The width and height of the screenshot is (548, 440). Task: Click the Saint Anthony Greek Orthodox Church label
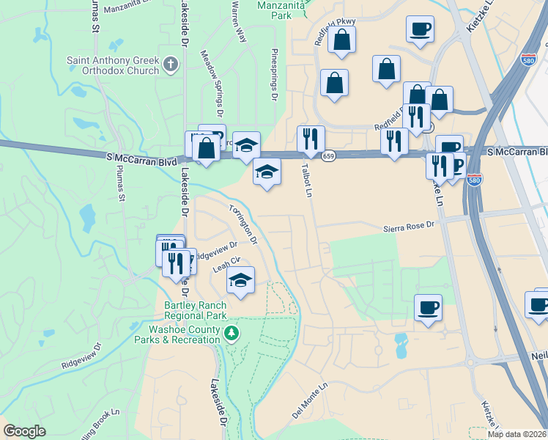[112, 65]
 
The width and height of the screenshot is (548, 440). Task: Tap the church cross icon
[171, 65]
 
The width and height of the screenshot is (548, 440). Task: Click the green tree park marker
[232, 334]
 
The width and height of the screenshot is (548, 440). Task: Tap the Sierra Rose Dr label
[409, 228]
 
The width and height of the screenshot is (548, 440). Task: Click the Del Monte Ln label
[308, 405]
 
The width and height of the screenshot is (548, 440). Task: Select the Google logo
[24, 431]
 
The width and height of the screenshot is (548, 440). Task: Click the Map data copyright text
[517, 434]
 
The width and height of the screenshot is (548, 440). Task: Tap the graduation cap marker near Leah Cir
[240, 279]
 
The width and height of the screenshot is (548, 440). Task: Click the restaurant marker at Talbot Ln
[311, 138]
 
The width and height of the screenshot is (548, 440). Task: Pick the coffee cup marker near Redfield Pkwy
[420, 29]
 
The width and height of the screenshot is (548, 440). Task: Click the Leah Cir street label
[226, 264]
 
